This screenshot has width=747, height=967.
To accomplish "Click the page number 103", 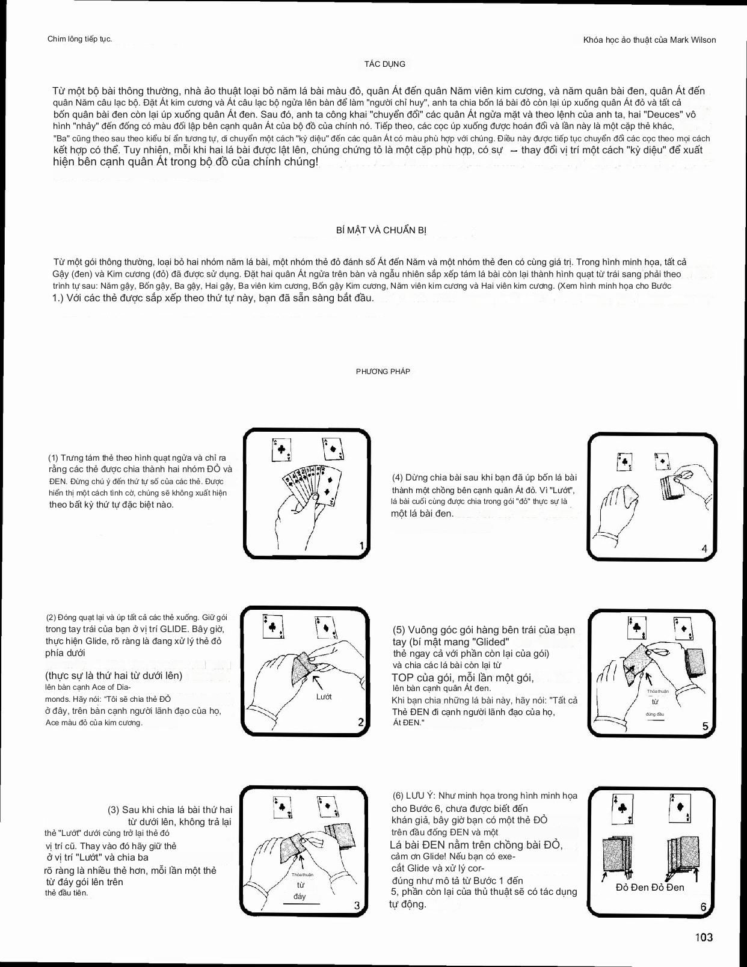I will click(704, 937).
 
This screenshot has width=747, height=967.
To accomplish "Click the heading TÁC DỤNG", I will click(385, 64).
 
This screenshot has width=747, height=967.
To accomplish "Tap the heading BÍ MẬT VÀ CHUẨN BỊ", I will click(381, 230).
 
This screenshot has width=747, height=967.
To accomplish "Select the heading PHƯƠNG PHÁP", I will click(383, 372).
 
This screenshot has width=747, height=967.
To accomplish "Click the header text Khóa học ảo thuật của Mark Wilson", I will click(650, 40).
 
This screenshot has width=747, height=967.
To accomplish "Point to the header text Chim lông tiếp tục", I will click(79, 39).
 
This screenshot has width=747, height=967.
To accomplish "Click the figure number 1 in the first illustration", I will click(361, 546).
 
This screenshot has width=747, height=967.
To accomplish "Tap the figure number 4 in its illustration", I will click(704, 548).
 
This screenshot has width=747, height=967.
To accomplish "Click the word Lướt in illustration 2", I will click(324, 696).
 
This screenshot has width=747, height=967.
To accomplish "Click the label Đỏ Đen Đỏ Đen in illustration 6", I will click(650, 887).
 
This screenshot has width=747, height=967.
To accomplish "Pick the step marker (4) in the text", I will click(398, 477).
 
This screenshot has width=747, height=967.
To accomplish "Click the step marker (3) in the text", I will click(114, 810).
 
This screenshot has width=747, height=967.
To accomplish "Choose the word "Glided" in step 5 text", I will click(484, 642).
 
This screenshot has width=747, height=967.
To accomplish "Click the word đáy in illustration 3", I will click(300, 896).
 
